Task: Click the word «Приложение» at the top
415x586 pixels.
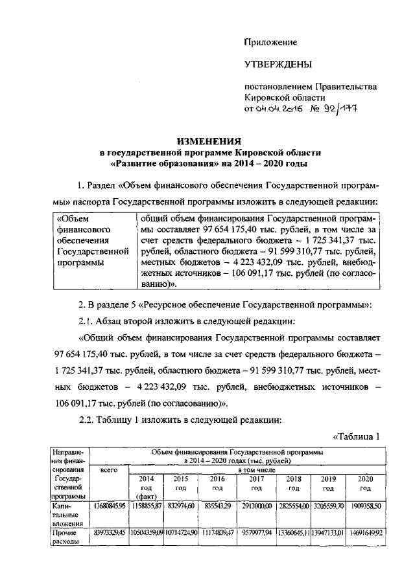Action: point(270,42)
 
